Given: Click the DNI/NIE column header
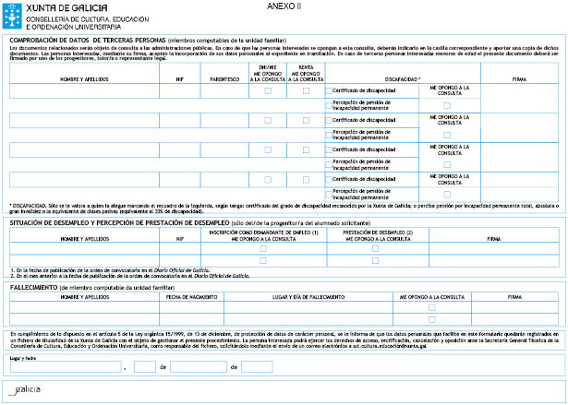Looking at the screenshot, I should pyautogui.click(x=267, y=74).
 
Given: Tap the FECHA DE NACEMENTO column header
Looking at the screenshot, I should pyautogui.click(x=191, y=297).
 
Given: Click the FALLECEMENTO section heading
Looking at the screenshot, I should pyautogui.click(x=33, y=287).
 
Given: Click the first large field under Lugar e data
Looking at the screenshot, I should pyautogui.click(x=65, y=367).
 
